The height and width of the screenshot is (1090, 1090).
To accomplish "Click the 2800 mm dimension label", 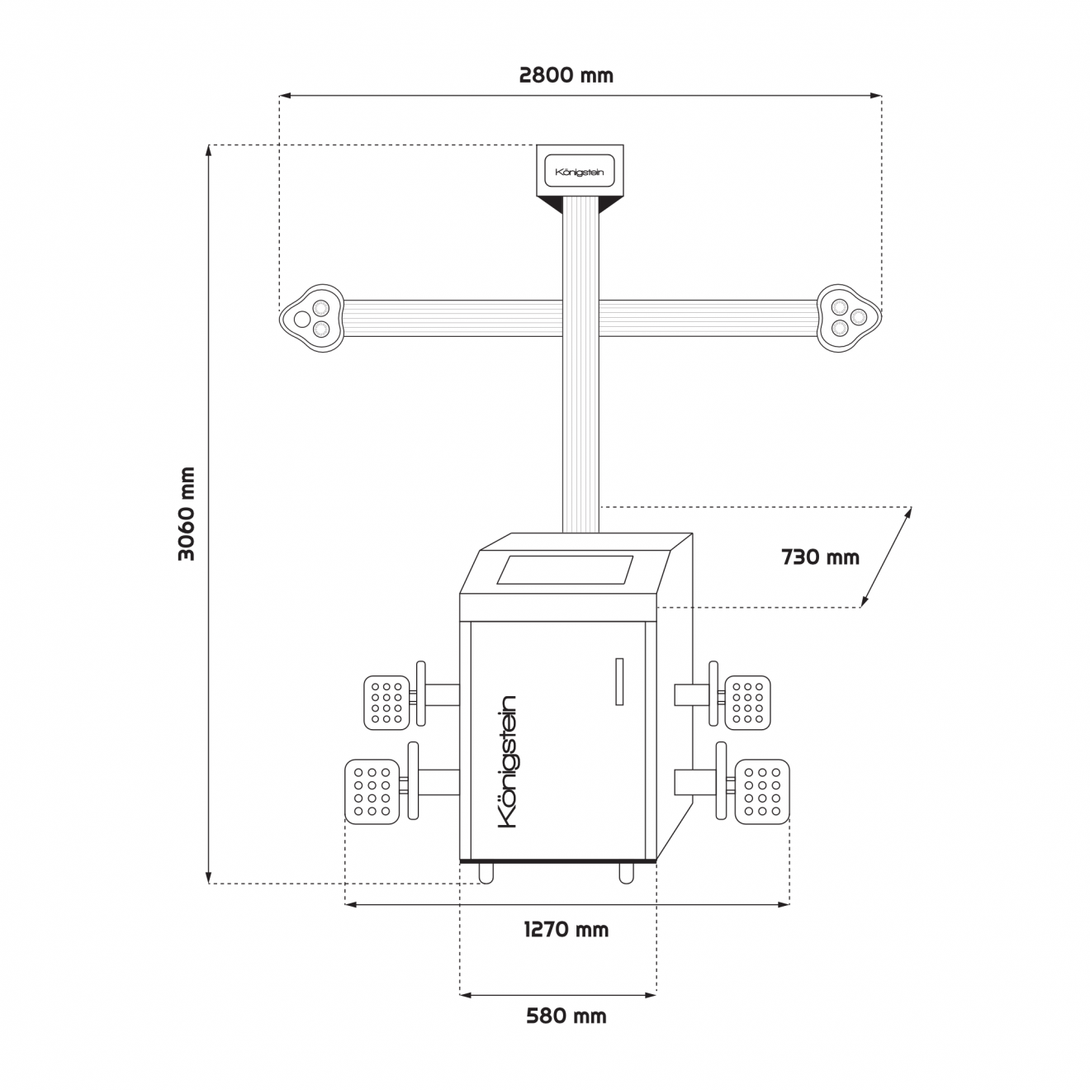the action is click(566, 75).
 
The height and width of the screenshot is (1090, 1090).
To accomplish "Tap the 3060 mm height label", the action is click(187, 514).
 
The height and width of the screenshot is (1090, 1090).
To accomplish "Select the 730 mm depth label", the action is click(820, 557).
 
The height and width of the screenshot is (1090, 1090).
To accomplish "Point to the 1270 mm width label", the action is click(566, 929).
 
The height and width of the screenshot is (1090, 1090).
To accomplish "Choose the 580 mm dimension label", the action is click(566, 1016).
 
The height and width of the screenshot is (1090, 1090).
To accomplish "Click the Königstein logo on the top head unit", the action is click(579, 172).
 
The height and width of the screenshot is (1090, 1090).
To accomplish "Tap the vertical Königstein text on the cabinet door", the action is click(507, 762).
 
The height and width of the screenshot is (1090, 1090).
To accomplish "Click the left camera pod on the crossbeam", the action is click(311, 318).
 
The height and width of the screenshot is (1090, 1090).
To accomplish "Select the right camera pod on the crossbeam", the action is click(849, 318).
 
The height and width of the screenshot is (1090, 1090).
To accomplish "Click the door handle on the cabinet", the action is click(619, 681).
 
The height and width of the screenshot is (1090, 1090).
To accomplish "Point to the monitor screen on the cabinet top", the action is click(565, 570).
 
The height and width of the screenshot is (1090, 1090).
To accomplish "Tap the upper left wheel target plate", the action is click(386, 703).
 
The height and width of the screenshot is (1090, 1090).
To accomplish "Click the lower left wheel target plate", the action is click(372, 791).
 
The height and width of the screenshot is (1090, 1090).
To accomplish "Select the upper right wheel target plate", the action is click(748, 703).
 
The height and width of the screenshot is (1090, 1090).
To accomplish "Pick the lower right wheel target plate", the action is click(762, 791).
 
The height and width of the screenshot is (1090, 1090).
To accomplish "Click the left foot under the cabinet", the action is click(486, 873).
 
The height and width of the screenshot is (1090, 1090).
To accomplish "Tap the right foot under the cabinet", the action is click(626, 873).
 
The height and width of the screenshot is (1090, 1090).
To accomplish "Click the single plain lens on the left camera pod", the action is click(302, 319).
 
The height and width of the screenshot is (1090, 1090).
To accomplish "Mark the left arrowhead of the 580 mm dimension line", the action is click(466, 995).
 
